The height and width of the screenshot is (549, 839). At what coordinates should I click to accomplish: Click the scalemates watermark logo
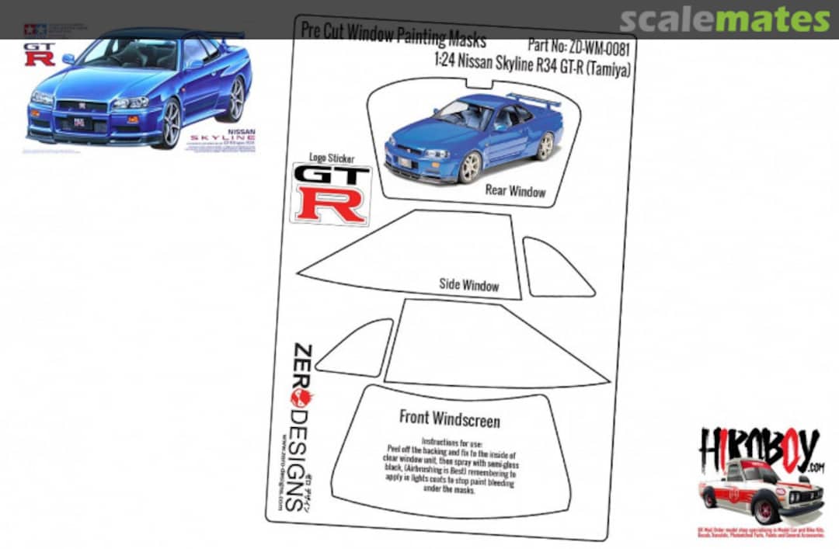pyautogui.click(x=725, y=19)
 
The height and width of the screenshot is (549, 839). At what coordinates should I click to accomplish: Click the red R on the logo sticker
pyautogui.click(x=330, y=204)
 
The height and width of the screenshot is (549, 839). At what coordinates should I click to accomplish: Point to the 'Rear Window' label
pyautogui.click(x=515, y=191)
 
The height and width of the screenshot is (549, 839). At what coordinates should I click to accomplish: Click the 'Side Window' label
pyautogui.click(x=468, y=285)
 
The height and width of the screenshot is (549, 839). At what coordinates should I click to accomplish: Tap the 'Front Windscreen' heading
pyautogui.click(x=449, y=419)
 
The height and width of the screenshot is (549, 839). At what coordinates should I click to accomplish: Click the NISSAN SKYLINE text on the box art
pyautogui.click(x=233, y=138)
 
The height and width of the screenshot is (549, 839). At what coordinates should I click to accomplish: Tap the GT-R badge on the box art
pyautogui.click(x=39, y=54)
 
